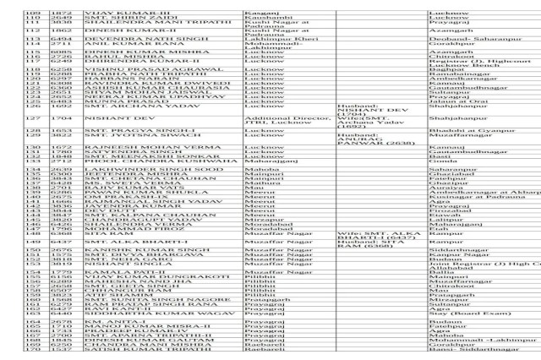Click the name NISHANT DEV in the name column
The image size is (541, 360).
point(95,119)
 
